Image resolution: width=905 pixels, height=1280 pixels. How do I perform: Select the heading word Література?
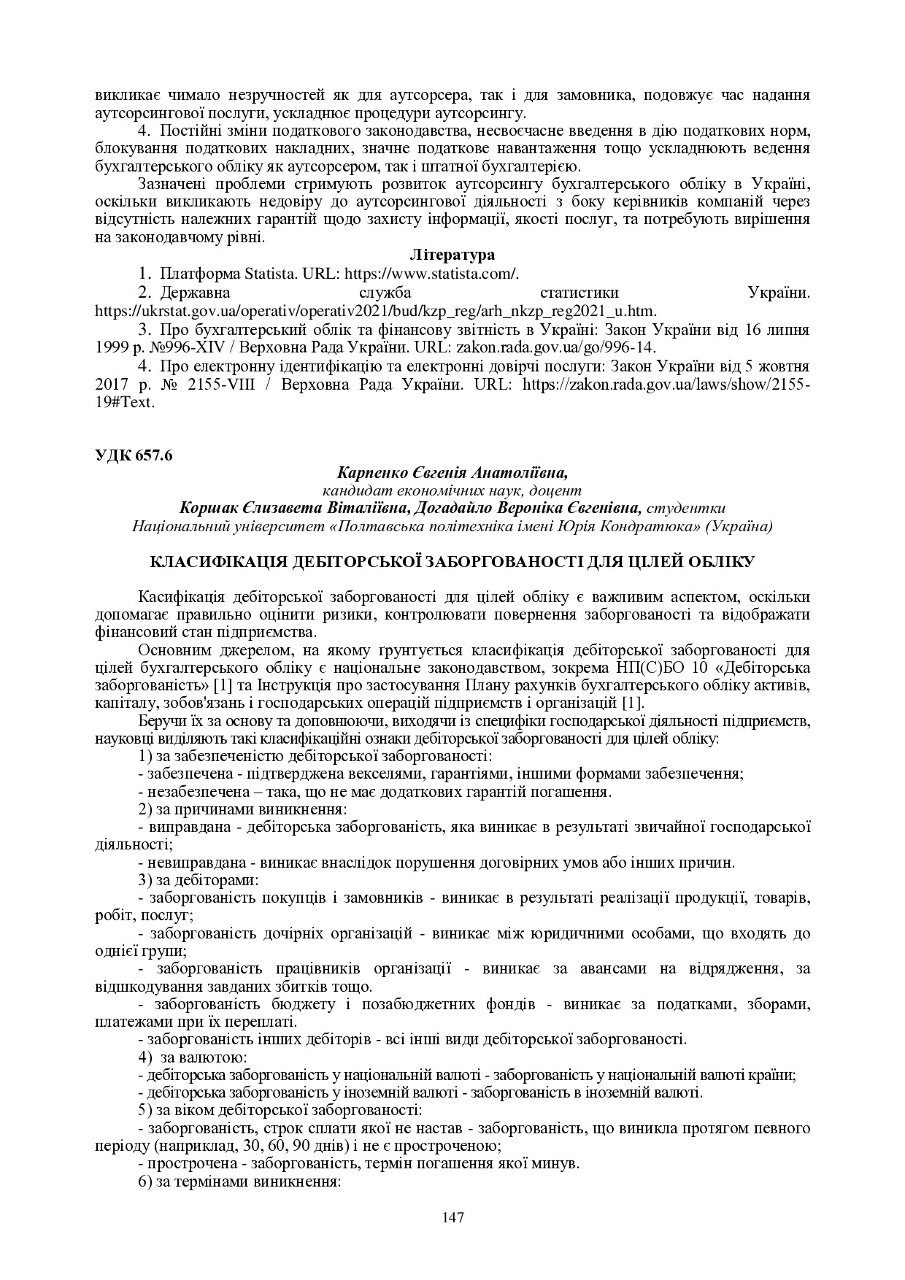452,255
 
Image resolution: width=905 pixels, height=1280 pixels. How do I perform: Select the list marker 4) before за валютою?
145,1057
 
